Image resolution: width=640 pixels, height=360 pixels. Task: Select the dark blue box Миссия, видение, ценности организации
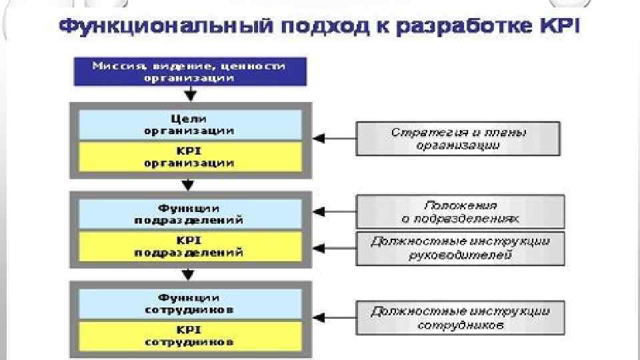click(x=190, y=72)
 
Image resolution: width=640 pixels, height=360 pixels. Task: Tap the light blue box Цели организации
click(x=190, y=125)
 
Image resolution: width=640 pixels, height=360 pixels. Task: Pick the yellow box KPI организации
click(x=190, y=157)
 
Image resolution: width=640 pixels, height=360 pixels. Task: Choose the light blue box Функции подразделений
click(x=190, y=213)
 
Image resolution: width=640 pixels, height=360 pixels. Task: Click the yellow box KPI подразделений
click(x=190, y=246)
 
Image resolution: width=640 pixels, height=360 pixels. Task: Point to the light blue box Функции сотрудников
click(x=190, y=304)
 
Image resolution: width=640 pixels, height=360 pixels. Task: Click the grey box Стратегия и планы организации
click(x=458, y=139)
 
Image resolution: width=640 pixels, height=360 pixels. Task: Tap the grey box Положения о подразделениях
click(x=461, y=212)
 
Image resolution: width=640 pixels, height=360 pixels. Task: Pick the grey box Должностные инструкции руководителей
click(x=461, y=248)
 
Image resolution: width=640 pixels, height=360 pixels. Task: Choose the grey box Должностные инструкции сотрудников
click(x=461, y=318)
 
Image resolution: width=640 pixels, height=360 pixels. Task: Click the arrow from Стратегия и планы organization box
click(x=333, y=139)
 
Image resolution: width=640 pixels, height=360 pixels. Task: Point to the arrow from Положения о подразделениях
click(x=333, y=212)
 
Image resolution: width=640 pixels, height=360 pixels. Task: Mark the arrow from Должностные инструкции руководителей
click(x=333, y=248)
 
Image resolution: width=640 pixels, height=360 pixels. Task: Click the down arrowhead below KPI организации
click(x=189, y=183)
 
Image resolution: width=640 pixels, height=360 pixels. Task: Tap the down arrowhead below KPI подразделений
click(x=189, y=273)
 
